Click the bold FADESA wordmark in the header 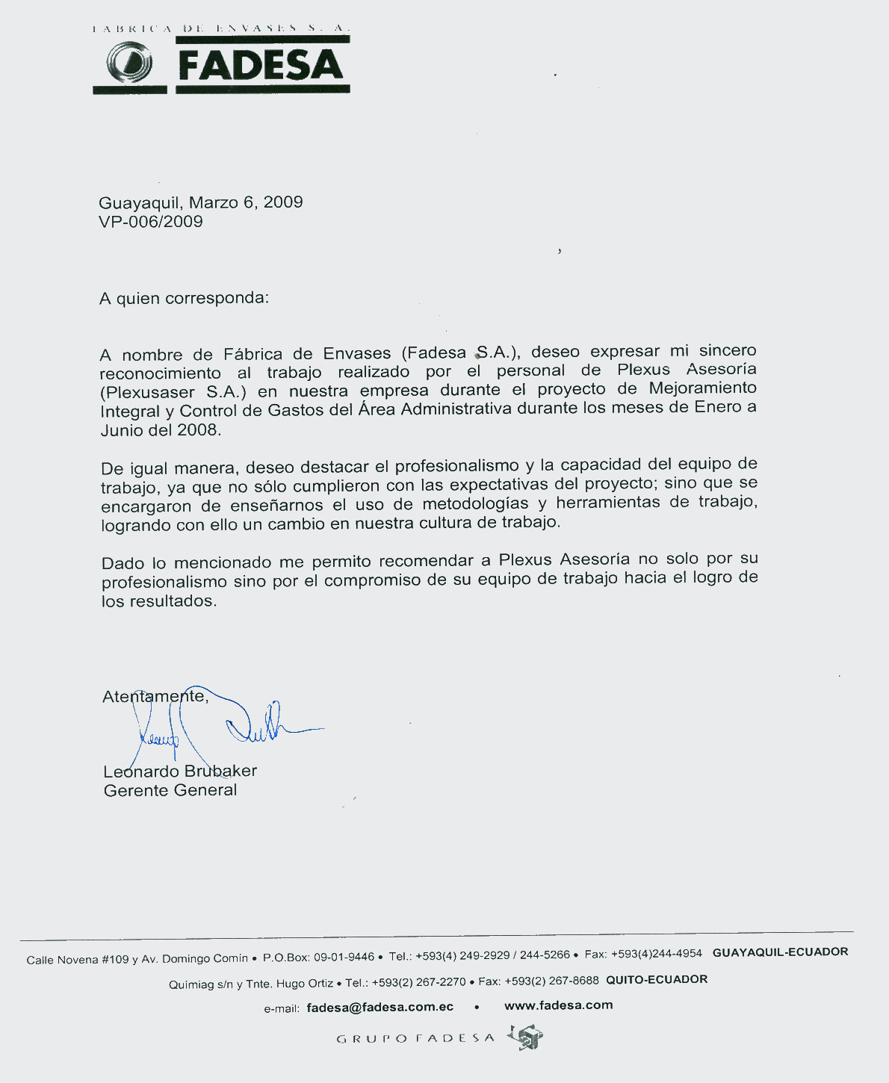tap(261, 66)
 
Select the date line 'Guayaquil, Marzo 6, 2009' tap(200, 202)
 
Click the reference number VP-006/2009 tap(150, 222)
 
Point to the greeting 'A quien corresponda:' tap(184, 298)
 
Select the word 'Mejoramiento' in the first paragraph tap(702, 388)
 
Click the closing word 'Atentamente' tap(153, 696)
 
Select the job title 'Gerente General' tap(170, 790)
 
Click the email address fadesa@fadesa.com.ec tap(380, 1007)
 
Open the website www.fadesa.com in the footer tap(558, 1005)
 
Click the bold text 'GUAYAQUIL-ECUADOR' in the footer tap(780, 952)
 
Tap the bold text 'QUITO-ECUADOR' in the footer tap(656, 979)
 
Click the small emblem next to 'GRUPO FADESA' tap(525, 1037)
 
